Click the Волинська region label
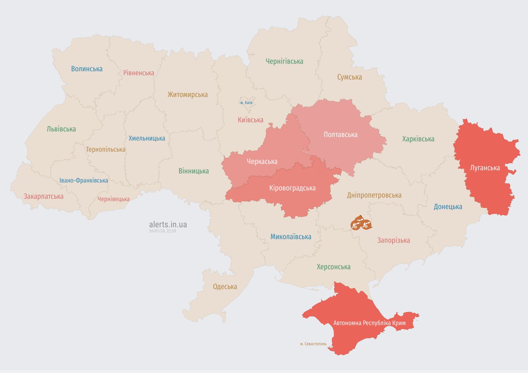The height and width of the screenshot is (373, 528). tap(87, 69)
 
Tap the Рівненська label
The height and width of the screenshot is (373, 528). tap(139, 73)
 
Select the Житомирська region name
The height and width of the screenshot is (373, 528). tap(187, 95)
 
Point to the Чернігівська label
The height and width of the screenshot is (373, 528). tap(284, 61)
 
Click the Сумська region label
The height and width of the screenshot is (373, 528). tap(349, 77)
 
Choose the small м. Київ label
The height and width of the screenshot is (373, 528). tap(246, 103)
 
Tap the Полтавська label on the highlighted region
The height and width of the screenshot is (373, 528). tap(340, 135)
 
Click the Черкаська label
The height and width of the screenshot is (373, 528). tap(262, 162)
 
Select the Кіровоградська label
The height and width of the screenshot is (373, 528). tap(292, 188)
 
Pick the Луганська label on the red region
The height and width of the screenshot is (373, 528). tap(485, 168)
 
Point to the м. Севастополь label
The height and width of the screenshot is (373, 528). tap(313, 344)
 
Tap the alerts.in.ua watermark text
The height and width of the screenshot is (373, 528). tap(168, 225)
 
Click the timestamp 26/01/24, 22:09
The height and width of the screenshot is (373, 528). tap(162, 231)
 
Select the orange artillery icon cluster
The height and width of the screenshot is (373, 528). tap(360, 223)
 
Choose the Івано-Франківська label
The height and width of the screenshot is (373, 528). tap(84, 181)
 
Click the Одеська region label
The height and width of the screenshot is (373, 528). tap(225, 287)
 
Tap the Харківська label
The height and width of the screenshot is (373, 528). tap(418, 139)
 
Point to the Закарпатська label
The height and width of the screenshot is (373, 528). tap(44, 196)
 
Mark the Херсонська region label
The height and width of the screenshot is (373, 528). tap(334, 267)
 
